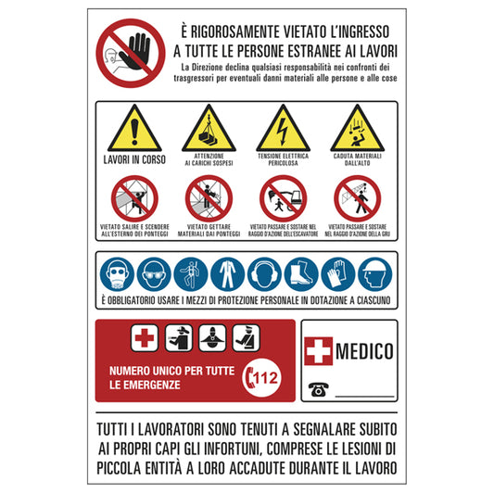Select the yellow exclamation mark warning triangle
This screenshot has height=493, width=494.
click(135, 131)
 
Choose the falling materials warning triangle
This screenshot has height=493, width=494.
click(356, 131)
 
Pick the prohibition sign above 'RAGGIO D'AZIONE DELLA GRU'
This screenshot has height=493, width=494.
click(356, 198)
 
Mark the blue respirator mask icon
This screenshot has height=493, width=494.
click(117, 273)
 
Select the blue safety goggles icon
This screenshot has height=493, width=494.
click(154, 273)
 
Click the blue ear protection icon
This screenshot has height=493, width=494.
click(264, 273)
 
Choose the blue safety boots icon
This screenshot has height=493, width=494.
click(300, 273)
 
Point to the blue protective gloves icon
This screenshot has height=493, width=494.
click(336, 273)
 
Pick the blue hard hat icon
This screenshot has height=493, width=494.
click(373, 273)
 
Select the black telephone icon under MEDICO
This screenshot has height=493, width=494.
click(318, 390)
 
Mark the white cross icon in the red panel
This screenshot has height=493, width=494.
click(145, 338)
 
